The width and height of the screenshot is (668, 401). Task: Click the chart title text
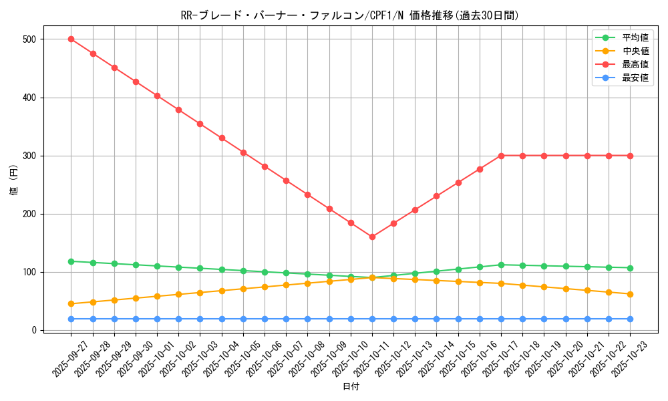pyautogui.click(x=349, y=15)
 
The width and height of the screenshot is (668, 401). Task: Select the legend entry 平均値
pyautogui.click(x=635, y=37)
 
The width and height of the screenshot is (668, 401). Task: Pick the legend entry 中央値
pyautogui.click(x=635, y=51)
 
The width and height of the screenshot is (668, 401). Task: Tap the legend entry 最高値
pyautogui.click(x=635, y=64)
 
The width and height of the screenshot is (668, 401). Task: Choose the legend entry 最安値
pyautogui.click(x=635, y=78)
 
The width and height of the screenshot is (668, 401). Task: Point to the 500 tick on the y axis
pyautogui.click(x=28, y=39)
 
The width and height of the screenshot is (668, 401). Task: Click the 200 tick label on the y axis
pyautogui.click(x=28, y=215)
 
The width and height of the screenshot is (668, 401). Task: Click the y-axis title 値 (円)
pyautogui.click(x=14, y=180)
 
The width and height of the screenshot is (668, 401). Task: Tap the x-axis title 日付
pyautogui.click(x=351, y=387)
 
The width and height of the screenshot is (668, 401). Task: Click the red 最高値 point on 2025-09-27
pyautogui.click(x=71, y=39)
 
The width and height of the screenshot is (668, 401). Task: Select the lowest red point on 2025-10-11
pyautogui.click(x=372, y=237)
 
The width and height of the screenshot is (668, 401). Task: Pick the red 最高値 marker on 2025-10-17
pyautogui.click(x=501, y=156)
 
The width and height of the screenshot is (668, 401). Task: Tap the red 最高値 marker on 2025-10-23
pyautogui.click(x=630, y=156)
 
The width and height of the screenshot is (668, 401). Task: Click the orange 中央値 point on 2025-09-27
pyautogui.click(x=71, y=303)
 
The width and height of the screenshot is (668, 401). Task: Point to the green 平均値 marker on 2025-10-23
pyautogui.click(x=630, y=268)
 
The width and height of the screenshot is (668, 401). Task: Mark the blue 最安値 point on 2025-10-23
pyautogui.click(x=630, y=319)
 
